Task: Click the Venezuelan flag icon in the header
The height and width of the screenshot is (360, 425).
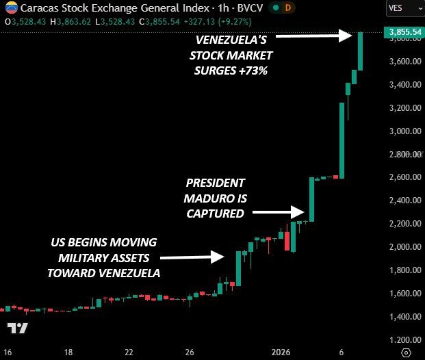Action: coord(10,8)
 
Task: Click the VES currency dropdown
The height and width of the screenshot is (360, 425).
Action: coord(402,8)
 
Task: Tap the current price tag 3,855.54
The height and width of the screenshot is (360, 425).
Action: coord(403,32)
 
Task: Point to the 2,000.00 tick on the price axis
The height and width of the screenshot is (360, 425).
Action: coord(402,247)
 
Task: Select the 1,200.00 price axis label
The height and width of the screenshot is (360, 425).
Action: coord(402,339)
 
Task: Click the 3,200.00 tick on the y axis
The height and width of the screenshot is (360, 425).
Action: coord(402,108)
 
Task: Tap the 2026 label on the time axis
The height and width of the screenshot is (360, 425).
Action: coord(281,352)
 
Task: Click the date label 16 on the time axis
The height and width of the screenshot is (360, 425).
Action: coord(8,352)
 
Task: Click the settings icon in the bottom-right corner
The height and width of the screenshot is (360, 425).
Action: coord(406,352)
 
